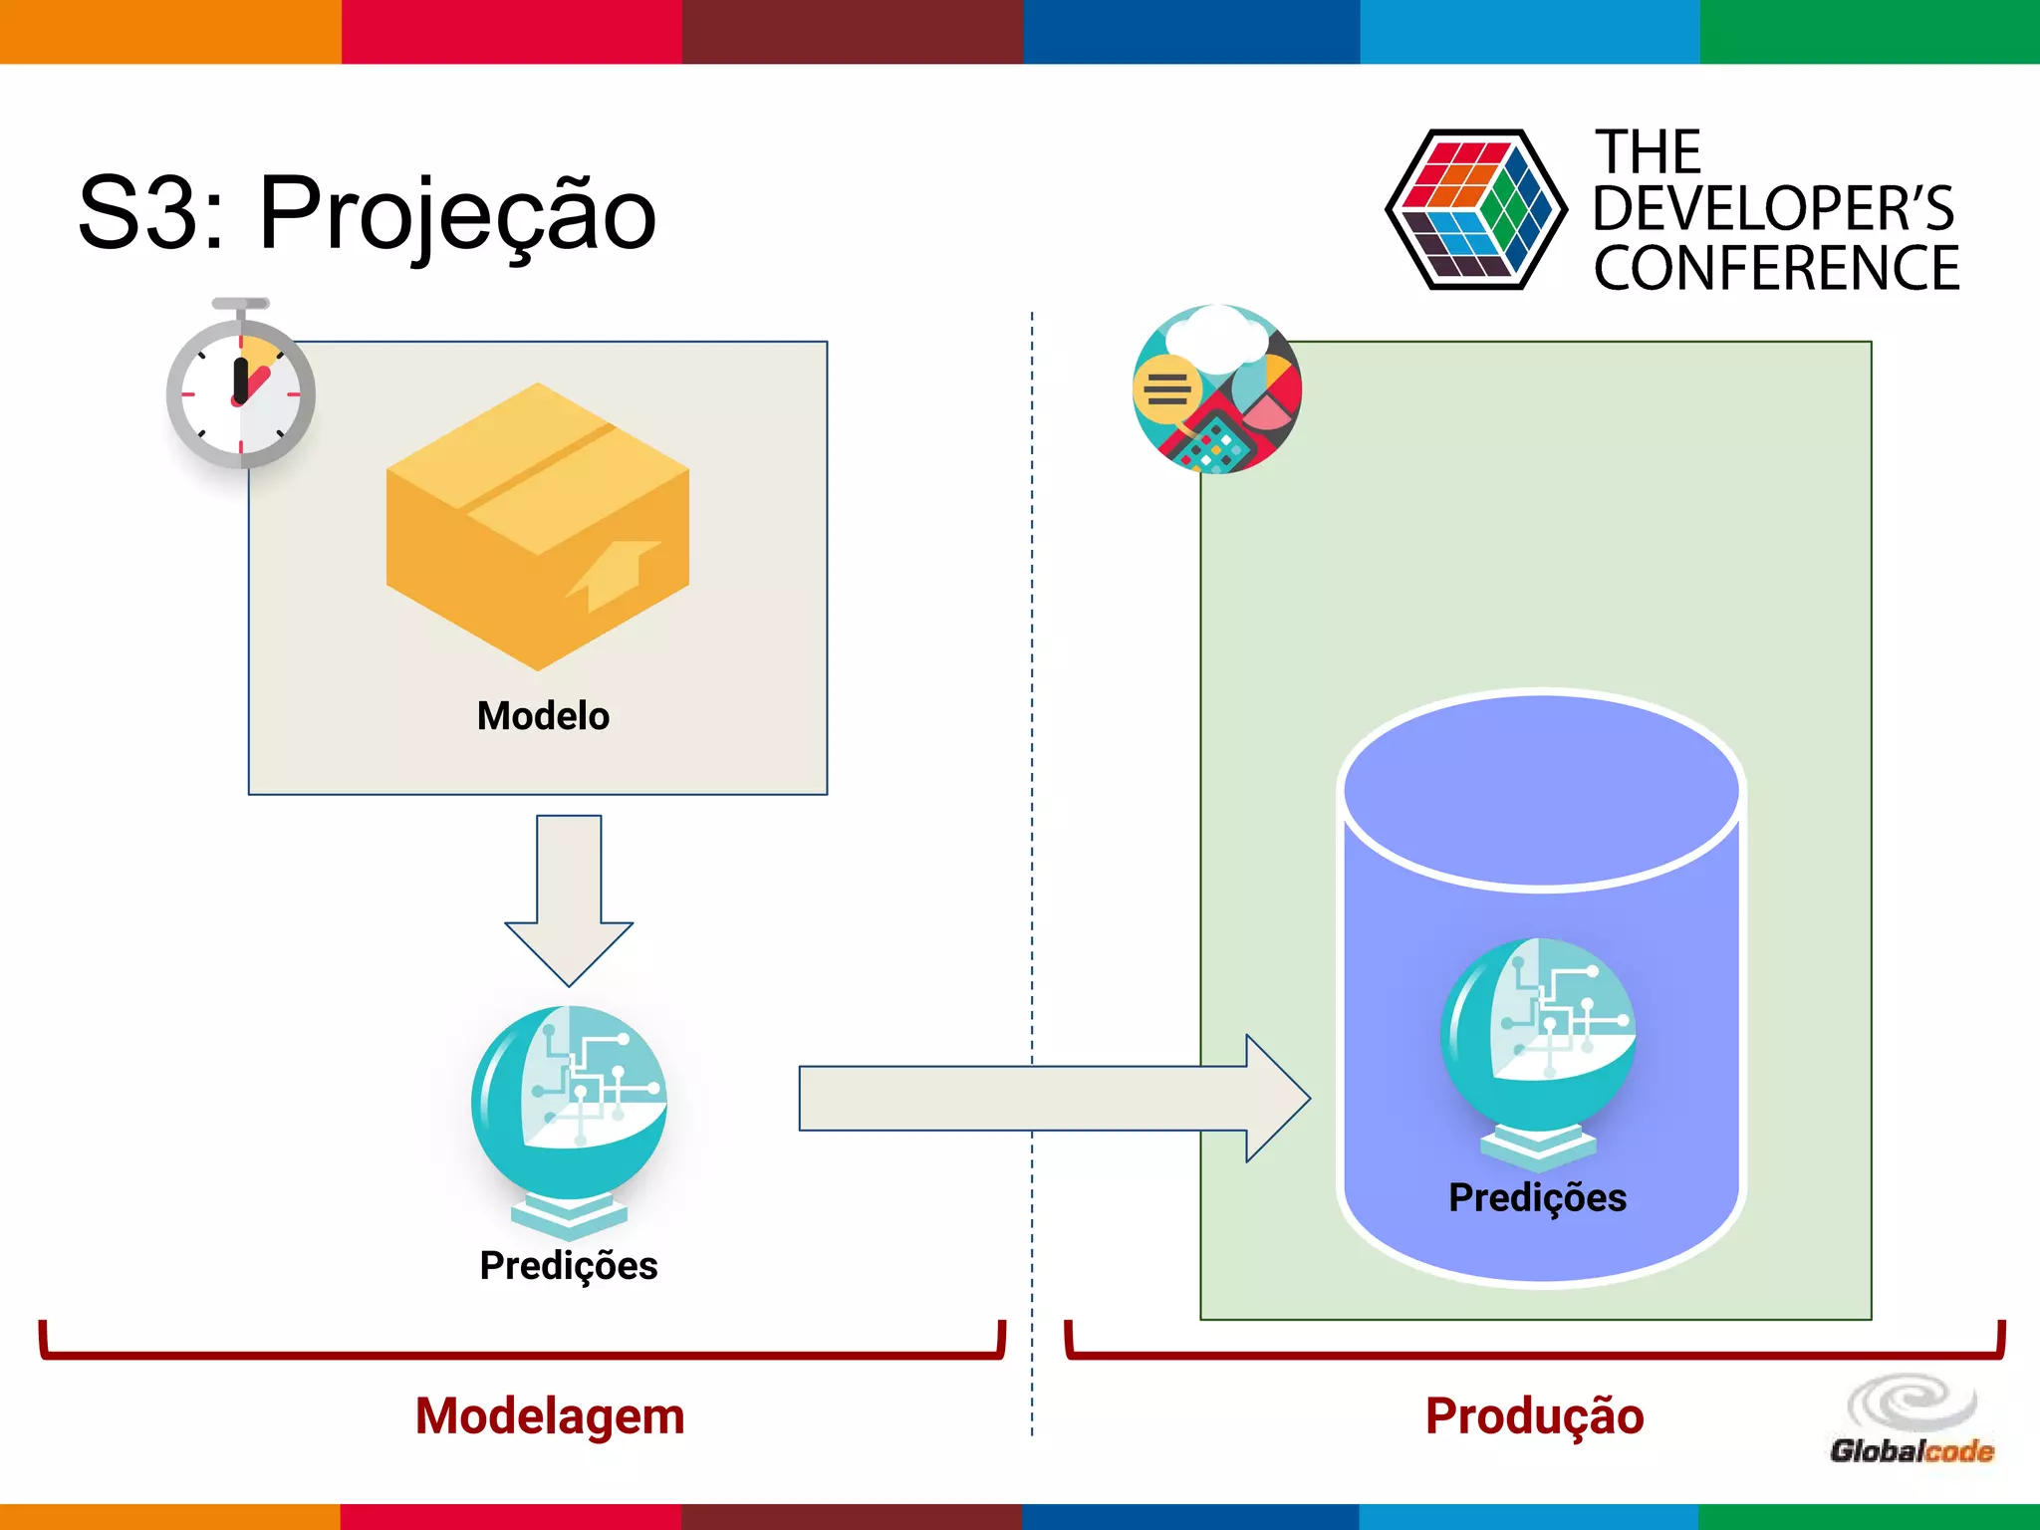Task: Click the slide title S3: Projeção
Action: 367,214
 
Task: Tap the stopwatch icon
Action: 240,388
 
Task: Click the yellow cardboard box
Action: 538,526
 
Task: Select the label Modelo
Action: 543,716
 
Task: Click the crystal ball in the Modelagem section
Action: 569,1106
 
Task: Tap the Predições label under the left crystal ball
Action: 569,1265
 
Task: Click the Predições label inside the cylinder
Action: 1537,1197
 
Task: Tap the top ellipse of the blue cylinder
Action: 1541,790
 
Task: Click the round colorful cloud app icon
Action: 1217,389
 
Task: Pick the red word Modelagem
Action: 550,1415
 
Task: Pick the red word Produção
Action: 1534,1415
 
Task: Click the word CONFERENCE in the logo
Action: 1776,268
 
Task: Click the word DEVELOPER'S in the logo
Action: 1773,209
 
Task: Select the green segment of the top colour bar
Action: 1870,32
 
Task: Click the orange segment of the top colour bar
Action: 169,32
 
